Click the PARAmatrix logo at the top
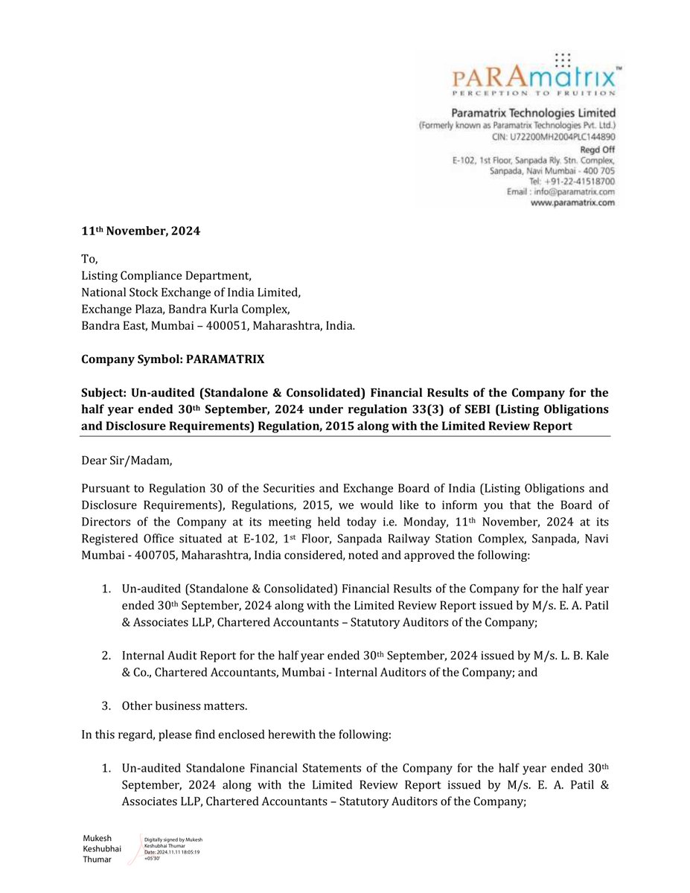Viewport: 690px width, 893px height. [533, 75]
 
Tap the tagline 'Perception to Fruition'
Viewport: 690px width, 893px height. [533, 94]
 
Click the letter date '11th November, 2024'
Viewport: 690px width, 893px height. [141, 231]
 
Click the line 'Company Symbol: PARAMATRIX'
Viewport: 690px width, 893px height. [173, 359]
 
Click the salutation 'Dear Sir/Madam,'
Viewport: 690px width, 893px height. [127, 461]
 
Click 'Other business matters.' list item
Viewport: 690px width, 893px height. [185, 705]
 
